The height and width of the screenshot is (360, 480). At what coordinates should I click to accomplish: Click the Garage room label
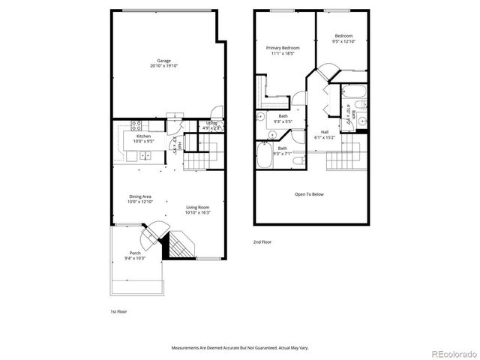[163, 61]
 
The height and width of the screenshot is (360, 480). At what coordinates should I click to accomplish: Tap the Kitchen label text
[143, 136]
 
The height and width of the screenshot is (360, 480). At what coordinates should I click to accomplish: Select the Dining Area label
[140, 196]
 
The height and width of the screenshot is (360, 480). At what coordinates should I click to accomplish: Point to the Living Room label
[198, 207]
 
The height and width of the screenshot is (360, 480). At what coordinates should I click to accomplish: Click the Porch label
[135, 253]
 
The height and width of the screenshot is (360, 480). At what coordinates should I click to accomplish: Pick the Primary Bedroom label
[283, 47]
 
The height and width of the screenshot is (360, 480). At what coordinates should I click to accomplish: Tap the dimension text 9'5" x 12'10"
[344, 41]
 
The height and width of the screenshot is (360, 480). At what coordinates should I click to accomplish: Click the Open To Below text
[309, 194]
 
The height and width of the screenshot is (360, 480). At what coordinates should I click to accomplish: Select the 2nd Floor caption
[262, 241]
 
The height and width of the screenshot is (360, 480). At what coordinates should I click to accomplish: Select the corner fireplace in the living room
[179, 244]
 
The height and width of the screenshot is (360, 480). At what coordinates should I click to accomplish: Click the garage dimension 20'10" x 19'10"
[163, 66]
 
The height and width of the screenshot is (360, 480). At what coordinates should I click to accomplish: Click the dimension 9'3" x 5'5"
[283, 121]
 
